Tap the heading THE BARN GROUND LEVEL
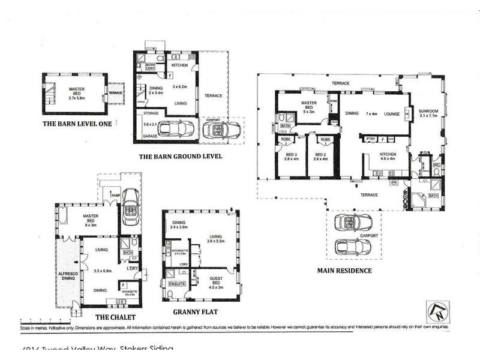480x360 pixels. [180, 156]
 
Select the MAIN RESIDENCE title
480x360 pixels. [344, 271]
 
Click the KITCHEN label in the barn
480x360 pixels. [181, 65]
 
